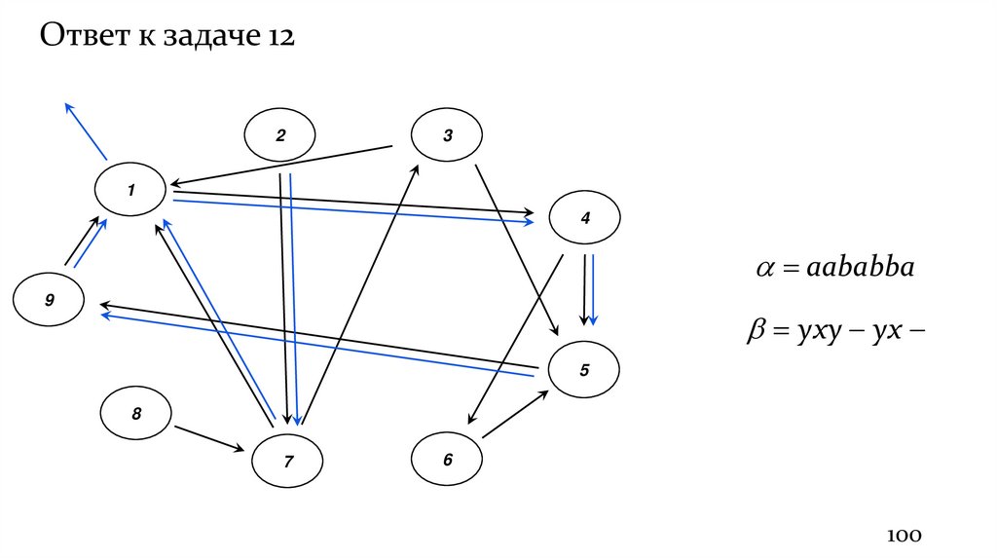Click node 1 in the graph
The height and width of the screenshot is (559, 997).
[130, 189]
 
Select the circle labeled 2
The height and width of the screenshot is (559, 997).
[280, 136]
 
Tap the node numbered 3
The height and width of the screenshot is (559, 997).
[448, 136]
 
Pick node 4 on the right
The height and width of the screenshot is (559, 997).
[585, 219]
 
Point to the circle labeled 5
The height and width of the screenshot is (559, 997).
[584, 370]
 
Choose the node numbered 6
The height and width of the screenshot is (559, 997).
[448, 460]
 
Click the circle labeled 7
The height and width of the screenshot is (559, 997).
[288, 463]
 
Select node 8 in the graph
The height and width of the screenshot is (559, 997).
[136, 415]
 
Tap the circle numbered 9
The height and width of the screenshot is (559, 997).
[49, 301]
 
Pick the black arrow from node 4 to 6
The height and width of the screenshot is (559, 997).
[515, 340]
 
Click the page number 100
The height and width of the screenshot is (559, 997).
[904, 536]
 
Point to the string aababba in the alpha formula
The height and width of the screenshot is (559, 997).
[860, 269]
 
